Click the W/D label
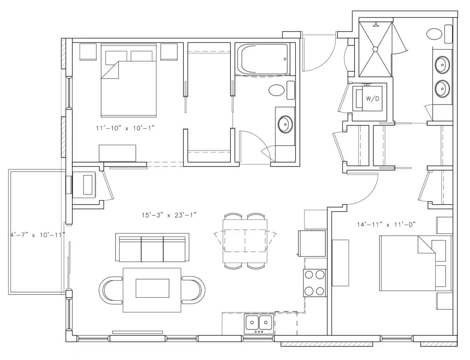pos(372,99)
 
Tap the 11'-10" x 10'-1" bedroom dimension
pos(125,128)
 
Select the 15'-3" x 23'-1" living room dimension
pos(169,215)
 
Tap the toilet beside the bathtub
pos(282,90)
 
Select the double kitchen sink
pos(259,324)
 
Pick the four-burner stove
pos(315,283)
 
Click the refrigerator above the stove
pos(312,244)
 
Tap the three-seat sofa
pos(152,248)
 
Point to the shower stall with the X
pos(375,49)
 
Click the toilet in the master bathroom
pos(439,34)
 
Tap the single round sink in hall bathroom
pos(285,124)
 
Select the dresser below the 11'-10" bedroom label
pos(117,153)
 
